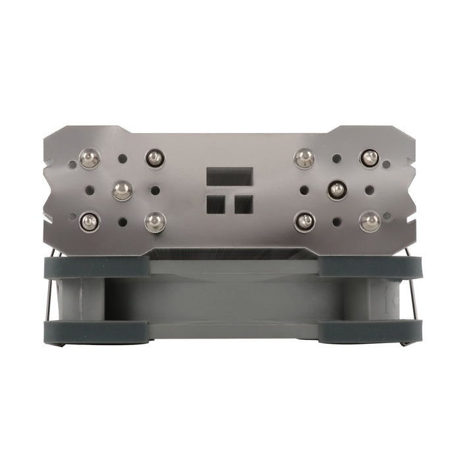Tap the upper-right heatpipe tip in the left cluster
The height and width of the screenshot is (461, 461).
[x=153, y=157]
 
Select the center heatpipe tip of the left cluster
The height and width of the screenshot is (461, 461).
[x=122, y=190]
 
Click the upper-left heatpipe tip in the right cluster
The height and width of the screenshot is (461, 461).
[x=303, y=157]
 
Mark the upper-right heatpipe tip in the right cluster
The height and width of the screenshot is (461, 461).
[x=369, y=158]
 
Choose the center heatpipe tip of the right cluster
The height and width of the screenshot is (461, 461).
[x=337, y=190]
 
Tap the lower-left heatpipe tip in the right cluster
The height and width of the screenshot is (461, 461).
[x=304, y=221]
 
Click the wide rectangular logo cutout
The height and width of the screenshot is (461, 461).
[x=230, y=176]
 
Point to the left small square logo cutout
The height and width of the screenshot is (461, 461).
[x=216, y=204]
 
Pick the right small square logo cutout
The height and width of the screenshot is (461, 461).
[x=244, y=204]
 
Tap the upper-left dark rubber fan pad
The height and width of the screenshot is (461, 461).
[x=95, y=267]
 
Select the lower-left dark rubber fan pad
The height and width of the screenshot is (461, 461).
[x=95, y=331]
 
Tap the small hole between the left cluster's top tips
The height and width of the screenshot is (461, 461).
[x=122, y=159]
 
